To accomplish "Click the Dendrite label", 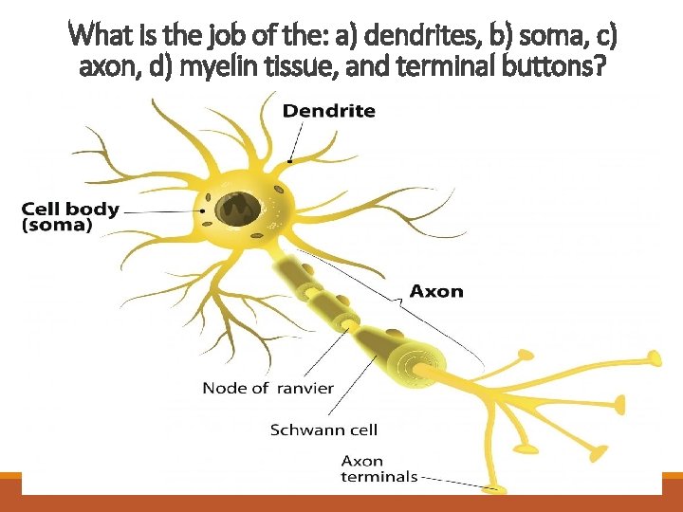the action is (329, 111).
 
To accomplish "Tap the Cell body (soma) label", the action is (70, 217).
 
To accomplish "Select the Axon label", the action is (436, 291).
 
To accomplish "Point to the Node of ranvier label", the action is (268, 387).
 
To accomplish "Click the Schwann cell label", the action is (323, 430).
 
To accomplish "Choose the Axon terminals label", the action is (378, 468).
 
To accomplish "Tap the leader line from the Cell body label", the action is (161, 211).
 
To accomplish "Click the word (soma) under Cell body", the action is (57, 226).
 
